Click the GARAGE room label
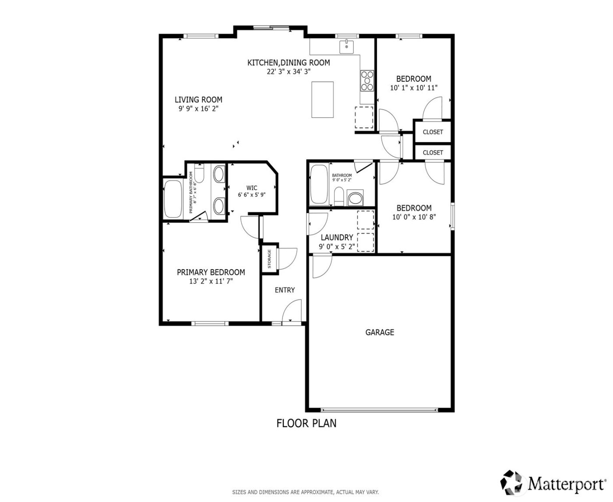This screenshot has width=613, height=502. (x=380, y=332)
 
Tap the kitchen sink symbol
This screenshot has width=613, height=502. (x=346, y=46)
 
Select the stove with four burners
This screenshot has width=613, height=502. (x=367, y=81)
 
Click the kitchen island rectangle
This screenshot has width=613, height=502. (x=323, y=99)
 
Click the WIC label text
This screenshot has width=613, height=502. (x=252, y=188)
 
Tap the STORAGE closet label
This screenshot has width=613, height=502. (x=270, y=259)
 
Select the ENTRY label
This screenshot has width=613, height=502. (x=285, y=290)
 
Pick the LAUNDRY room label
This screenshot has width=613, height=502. (x=337, y=238)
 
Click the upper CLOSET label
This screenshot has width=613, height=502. (x=433, y=132)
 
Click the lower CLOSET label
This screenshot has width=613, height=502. (x=433, y=152)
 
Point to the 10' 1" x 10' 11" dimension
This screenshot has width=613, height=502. (x=414, y=88)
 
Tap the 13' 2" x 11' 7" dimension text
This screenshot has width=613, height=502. (x=211, y=281)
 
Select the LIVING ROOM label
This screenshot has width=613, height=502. (x=198, y=100)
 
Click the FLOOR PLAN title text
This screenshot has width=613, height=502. (x=306, y=423)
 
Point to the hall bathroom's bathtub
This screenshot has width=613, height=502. (x=318, y=185)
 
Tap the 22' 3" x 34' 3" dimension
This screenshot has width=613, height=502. (x=289, y=71)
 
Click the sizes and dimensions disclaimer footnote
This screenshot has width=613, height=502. (x=305, y=492)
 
